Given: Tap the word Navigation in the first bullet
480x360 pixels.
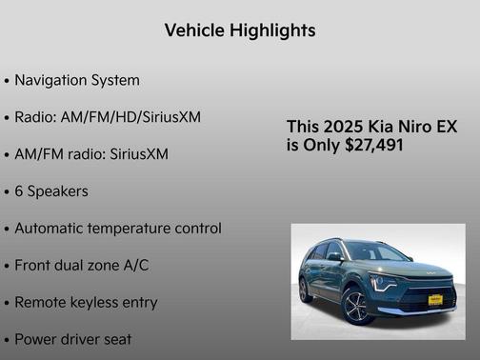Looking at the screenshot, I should click(53, 80).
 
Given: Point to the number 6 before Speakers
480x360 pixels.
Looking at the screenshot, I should click(19, 191).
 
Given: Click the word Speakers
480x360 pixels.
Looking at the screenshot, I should click(58, 191).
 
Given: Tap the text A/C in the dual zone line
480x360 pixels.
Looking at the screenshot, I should click(134, 266).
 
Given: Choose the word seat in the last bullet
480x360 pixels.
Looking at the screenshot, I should click(116, 339).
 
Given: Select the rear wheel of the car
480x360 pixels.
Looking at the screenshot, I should click(306, 290).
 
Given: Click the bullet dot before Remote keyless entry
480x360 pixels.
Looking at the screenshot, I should click(7, 303).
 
